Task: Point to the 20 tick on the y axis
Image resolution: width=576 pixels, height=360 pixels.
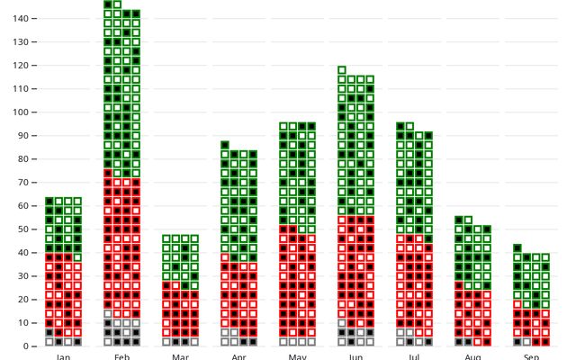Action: (26, 299)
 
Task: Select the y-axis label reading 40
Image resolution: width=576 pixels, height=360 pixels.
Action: (26, 252)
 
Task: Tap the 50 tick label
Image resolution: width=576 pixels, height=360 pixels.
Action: (26, 229)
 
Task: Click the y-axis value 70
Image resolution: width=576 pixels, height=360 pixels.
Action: (26, 182)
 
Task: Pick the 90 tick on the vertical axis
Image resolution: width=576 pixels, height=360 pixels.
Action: (26, 135)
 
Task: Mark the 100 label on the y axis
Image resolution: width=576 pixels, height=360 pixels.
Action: (23, 112)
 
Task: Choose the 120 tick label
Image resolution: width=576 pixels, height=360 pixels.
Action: (23, 65)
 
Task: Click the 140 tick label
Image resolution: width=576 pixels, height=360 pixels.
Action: (23, 18)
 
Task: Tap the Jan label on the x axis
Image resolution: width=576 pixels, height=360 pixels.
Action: (63, 356)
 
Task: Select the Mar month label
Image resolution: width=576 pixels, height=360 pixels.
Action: (180, 356)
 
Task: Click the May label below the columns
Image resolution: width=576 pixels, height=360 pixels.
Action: (297, 356)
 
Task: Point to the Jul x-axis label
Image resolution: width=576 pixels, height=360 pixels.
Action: (414, 356)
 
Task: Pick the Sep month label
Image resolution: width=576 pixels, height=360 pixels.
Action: (531, 356)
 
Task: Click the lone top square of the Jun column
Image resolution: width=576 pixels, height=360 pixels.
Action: (342, 69)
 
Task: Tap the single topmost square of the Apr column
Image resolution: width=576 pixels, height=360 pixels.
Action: (225, 144)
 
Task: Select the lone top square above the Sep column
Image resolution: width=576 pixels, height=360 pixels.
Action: (517, 247)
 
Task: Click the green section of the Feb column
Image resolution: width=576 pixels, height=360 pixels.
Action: (121, 90)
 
